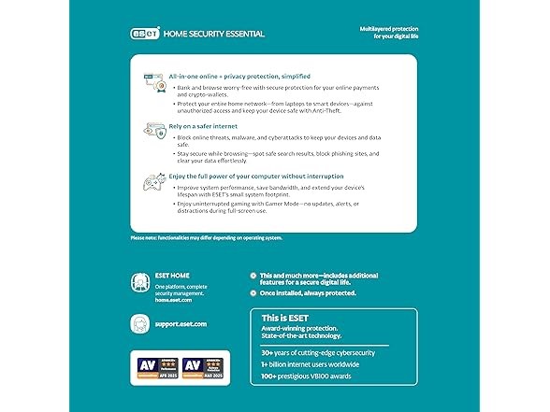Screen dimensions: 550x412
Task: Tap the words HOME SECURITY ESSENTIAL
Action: (213, 34)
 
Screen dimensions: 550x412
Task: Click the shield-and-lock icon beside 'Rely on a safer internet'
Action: (151, 131)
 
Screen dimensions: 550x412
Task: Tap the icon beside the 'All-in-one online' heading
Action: (151, 79)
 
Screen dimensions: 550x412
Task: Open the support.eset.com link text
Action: (181, 324)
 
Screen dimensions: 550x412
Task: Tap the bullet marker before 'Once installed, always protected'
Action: (253, 292)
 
